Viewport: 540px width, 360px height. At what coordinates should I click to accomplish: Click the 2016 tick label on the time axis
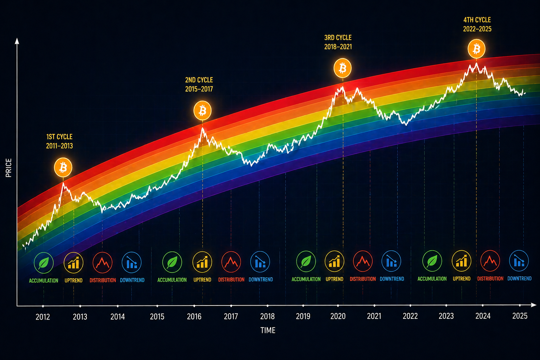click(194, 316)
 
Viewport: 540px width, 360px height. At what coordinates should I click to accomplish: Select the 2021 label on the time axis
click(374, 316)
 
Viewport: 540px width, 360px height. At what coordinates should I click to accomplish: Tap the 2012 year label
click(43, 317)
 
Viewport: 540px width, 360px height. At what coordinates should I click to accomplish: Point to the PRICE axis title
click(9, 168)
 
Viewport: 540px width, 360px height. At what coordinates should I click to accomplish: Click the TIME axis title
click(268, 330)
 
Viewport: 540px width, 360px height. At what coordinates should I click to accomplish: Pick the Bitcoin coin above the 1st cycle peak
click(63, 168)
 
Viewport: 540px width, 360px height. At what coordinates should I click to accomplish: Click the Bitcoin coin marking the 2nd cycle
click(202, 111)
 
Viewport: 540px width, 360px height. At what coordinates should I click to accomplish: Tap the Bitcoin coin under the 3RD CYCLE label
click(342, 68)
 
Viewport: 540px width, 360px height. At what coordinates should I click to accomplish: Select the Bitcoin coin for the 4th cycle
click(476, 49)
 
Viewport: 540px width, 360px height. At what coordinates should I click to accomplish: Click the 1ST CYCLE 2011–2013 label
click(59, 141)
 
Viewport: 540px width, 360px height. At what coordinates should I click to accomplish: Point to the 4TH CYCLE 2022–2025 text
click(477, 25)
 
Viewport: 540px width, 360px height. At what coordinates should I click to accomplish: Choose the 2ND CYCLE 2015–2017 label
click(199, 84)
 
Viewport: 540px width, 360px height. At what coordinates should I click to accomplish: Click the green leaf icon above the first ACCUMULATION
click(44, 263)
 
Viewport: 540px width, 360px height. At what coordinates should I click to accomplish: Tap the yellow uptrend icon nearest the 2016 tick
click(202, 262)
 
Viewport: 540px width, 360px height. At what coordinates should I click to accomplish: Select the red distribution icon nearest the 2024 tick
click(490, 261)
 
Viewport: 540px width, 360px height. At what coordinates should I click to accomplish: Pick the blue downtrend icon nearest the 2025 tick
click(519, 261)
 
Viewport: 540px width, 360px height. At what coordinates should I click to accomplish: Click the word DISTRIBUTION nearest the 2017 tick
click(231, 279)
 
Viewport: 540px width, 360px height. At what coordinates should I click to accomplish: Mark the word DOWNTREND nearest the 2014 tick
click(132, 280)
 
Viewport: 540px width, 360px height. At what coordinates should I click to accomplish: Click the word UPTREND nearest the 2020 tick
click(334, 279)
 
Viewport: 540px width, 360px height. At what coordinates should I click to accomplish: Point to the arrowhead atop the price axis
click(17, 41)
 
